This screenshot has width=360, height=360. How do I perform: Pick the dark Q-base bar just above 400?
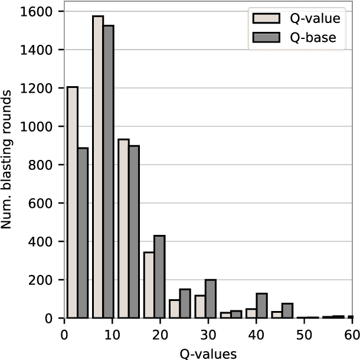coord(159,277)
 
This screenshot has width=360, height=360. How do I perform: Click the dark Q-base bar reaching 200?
coord(210,299)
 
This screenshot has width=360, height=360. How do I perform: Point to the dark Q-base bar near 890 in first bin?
coord(83,233)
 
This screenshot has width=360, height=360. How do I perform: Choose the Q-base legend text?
coord(312,38)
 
